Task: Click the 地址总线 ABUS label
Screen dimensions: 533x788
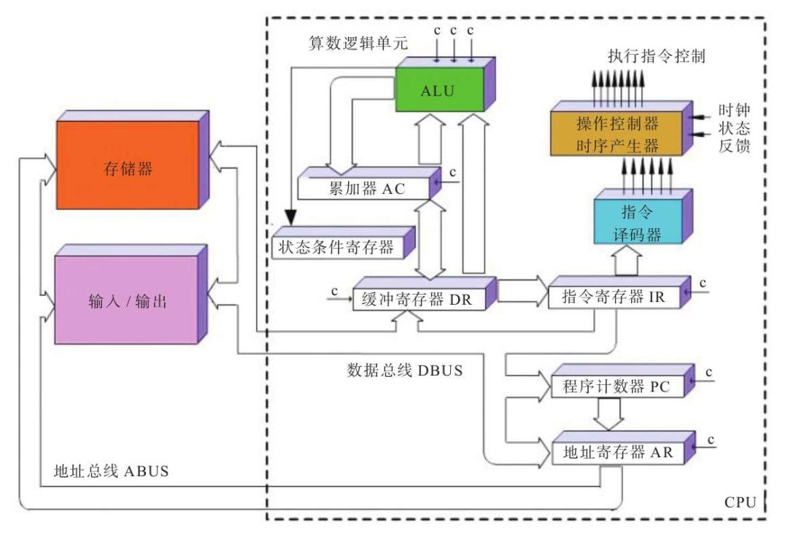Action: tap(112, 470)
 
